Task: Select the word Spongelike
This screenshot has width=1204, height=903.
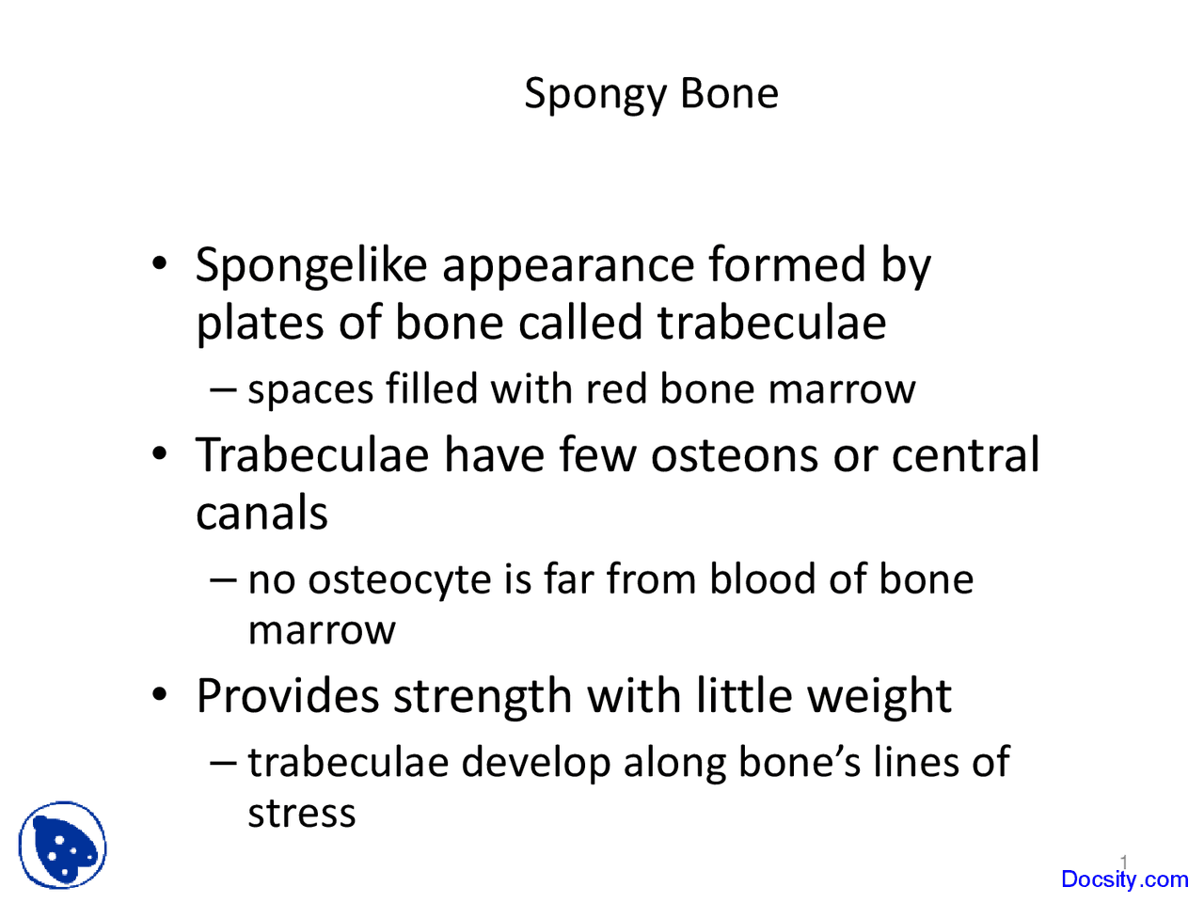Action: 310,266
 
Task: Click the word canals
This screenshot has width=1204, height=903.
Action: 261,514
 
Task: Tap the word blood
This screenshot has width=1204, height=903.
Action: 763,578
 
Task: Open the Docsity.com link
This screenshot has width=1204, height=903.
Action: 1124,879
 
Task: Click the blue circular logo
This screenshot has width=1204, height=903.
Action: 62,846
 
